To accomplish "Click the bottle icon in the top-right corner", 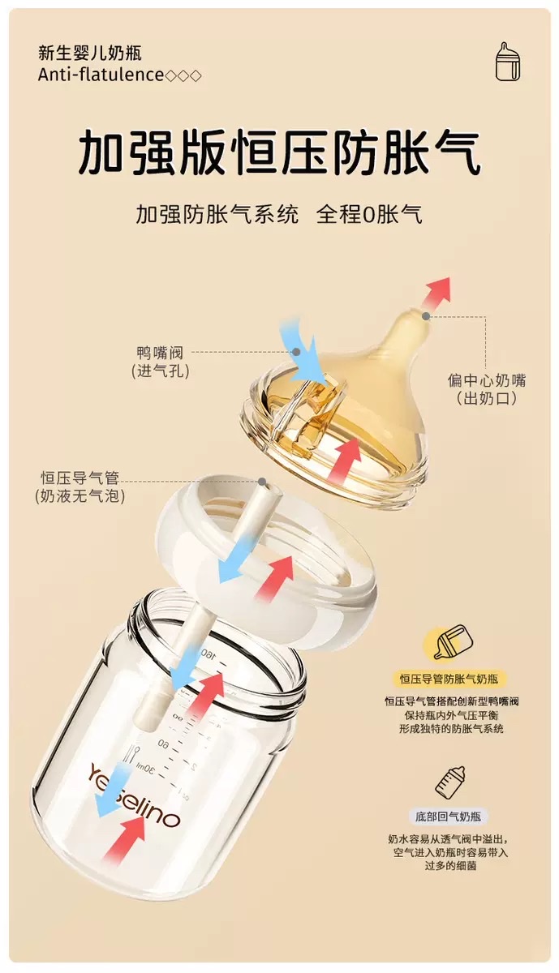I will coord(508,62).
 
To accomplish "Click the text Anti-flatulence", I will coord(101,75).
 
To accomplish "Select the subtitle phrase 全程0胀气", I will coord(369,215).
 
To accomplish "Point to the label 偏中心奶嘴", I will coord(487,379).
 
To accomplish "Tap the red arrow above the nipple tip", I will coord(436,293).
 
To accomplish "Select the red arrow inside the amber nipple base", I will coord(346,461).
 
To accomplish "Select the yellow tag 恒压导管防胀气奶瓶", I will coord(448,679).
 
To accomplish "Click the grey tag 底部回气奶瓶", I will coord(448,817).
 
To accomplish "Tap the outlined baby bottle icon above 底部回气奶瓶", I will coord(450,782).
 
